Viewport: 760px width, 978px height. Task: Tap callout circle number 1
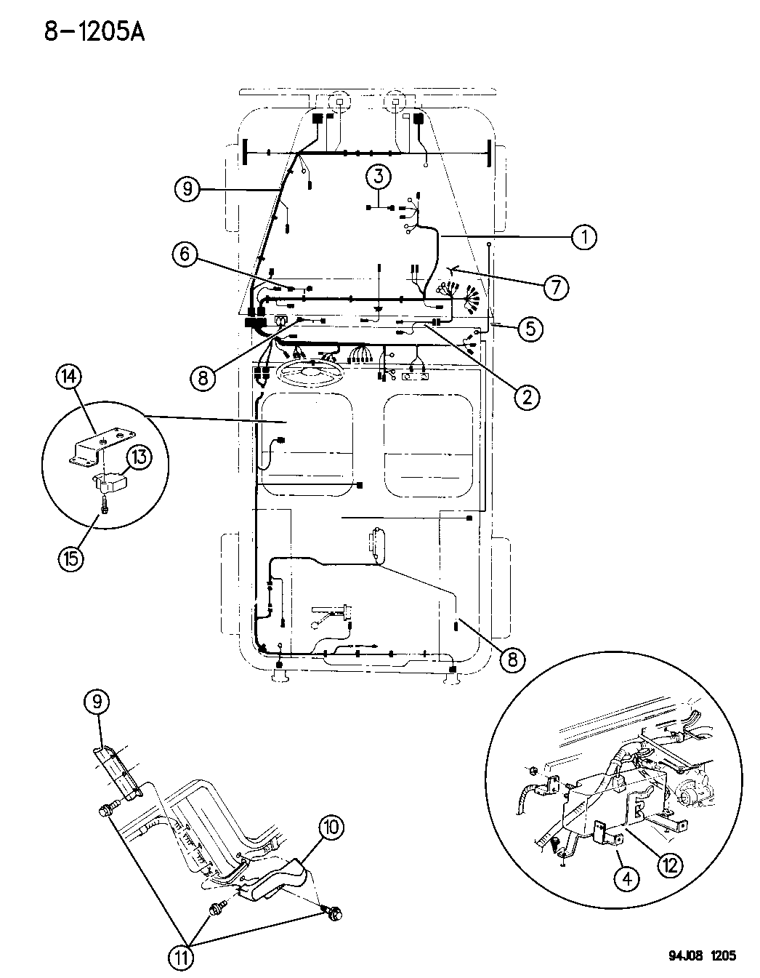pyautogui.click(x=583, y=236)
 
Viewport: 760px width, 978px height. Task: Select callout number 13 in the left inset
pyautogui.click(x=138, y=457)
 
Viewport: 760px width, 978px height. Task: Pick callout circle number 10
pyautogui.click(x=331, y=827)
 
